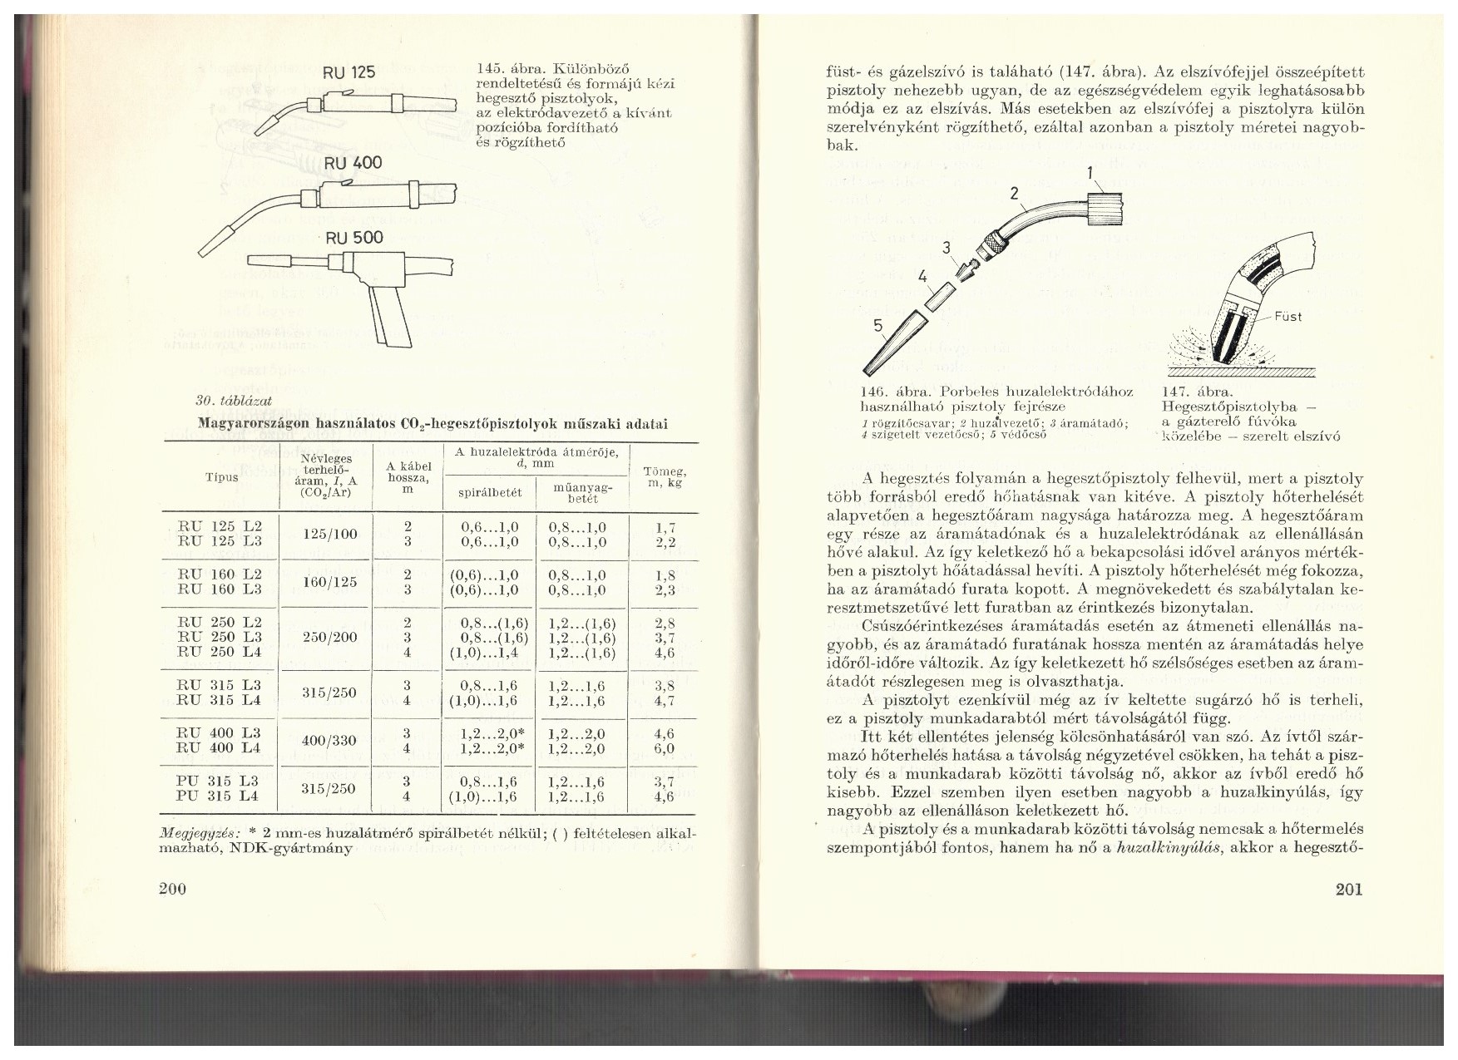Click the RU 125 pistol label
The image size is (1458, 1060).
pos(349,72)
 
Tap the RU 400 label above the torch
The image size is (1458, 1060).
pos(353,162)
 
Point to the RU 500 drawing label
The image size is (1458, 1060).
pos(354,238)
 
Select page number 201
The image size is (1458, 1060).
pos(1348,890)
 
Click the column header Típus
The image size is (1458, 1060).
pos(221,477)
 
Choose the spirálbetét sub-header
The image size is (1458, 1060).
pos(490,492)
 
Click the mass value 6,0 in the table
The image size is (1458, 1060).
pos(665,747)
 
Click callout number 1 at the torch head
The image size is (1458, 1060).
pos(1090,174)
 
